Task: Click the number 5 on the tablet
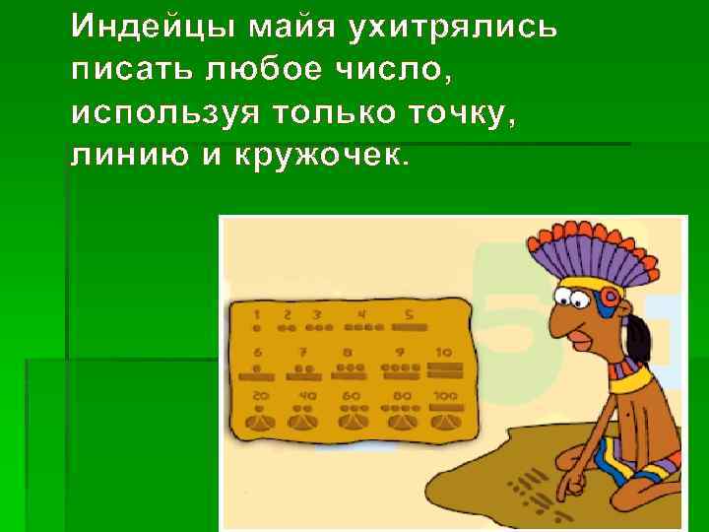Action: pyautogui.click(x=408, y=314)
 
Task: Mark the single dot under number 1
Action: pyautogui.click(x=257, y=327)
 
